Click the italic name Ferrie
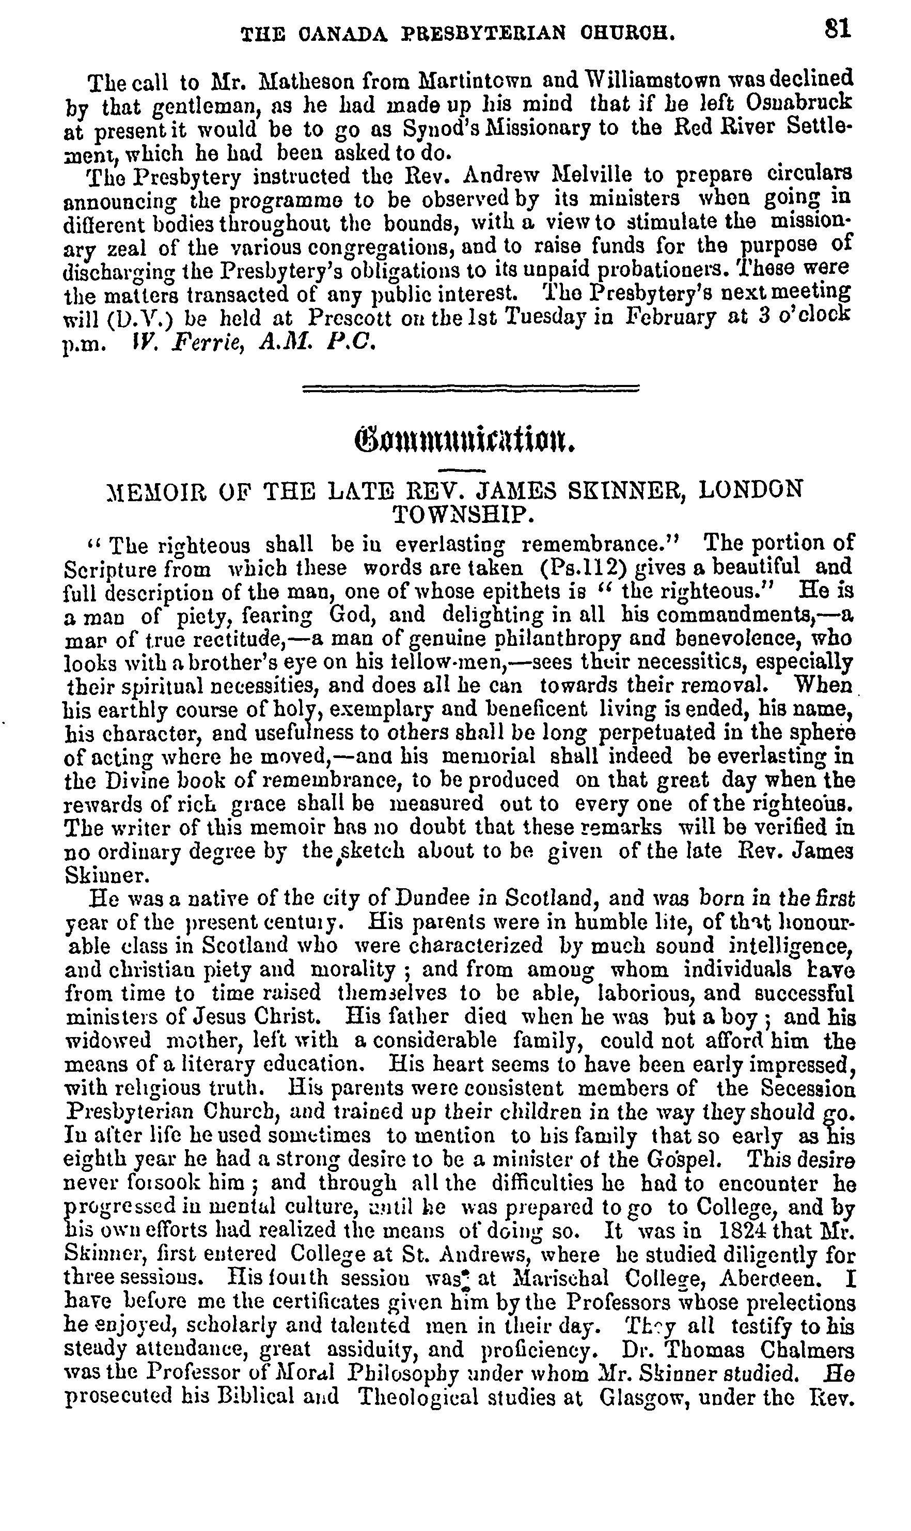(202, 342)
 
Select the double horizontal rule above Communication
(471, 388)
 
